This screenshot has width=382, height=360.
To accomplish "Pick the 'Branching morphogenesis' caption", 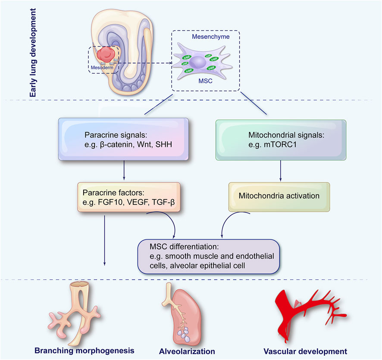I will (85, 350).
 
